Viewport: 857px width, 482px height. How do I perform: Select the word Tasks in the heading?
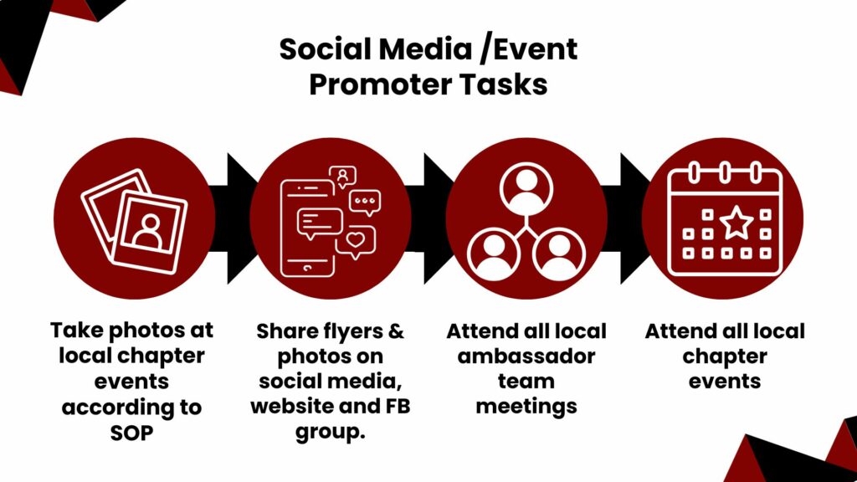pos(507,85)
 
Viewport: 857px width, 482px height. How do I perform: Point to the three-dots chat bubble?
pos(364,202)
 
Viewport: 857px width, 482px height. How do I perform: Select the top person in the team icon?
pos(526,188)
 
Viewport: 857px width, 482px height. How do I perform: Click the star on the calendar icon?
pos(736,223)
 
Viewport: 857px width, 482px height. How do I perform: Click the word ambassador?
pos(526,356)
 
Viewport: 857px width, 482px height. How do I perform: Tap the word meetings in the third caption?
pos(526,407)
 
